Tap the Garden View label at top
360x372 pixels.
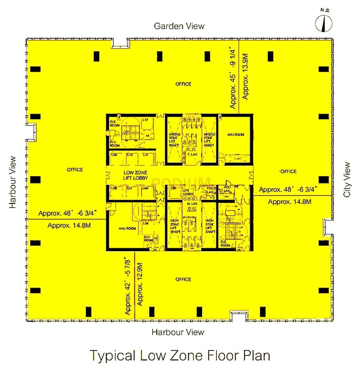(x=179, y=26)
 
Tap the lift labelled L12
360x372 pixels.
(x=145, y=120)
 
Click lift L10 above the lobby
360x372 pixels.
(x=130, y=155)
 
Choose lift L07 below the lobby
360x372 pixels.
(x=130, y=188)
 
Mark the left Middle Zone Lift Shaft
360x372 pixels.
(x=174, y=139)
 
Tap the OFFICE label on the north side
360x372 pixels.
(x=183, y=84)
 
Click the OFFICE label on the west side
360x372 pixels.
(x=74, y=170)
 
